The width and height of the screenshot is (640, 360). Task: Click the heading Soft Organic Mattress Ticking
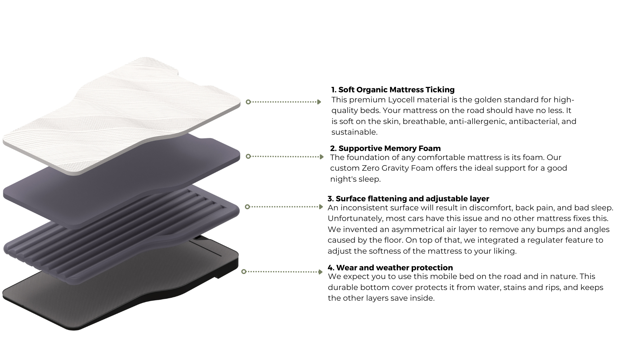(x=393, y=90)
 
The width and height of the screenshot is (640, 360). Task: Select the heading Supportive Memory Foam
(x=385, y=148)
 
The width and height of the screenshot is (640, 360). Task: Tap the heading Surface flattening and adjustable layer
(x=408, y=199)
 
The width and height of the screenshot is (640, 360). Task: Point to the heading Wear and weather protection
(x=390, y=268)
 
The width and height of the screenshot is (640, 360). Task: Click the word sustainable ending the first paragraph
(x=354, y=132)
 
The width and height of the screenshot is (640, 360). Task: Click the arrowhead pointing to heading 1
(x=319, y=102)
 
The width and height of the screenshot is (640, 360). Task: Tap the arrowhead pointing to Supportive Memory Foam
(x=322, y=157)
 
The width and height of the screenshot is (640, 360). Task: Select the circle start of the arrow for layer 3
(x=247, y=207)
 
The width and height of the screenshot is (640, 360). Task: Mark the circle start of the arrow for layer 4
(x=244, y=272)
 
